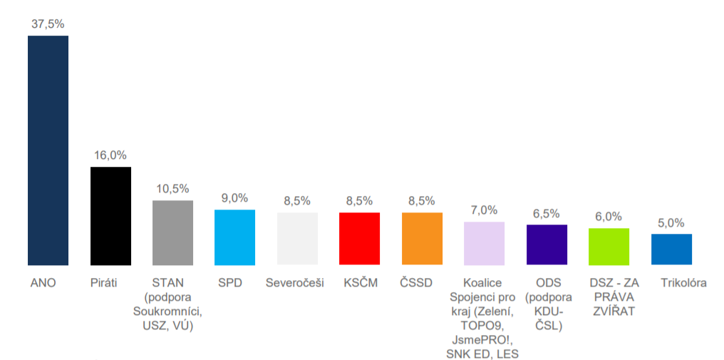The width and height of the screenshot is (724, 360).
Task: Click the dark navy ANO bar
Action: [48, 150]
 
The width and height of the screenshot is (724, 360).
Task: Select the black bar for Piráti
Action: [110, 216]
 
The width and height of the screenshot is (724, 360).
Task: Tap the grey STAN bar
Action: [172, 232]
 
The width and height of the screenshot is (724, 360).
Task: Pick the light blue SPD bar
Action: [234, 237]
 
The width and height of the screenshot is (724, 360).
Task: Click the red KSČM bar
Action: [359, 239]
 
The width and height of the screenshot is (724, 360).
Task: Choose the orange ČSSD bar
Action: [422, 239]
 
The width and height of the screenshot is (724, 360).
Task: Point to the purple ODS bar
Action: [547, 245]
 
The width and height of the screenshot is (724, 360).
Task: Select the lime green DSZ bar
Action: [609, 247]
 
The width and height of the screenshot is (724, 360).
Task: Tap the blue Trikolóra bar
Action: [671, 250]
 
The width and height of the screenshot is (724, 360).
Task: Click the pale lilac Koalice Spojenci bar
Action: [484, 243]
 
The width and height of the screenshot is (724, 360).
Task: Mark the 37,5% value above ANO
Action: [48, 24]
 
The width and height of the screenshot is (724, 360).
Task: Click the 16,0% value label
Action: [110, 155]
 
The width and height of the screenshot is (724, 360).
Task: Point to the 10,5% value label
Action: [172, 188]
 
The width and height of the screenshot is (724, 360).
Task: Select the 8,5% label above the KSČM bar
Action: [359, 201]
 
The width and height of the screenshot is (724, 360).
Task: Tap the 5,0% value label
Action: [671, 222]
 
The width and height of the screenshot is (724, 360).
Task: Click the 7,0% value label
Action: [484, 210]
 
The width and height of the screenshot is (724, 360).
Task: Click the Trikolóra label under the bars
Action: [683, 283]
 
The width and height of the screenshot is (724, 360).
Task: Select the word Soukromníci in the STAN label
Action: [168, 312]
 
